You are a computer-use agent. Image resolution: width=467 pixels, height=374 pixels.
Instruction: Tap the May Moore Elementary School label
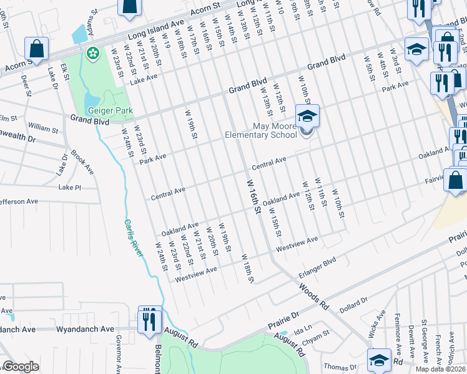tap(266, 130)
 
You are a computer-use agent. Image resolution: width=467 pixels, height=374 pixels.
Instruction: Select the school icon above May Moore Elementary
tap(307, 117)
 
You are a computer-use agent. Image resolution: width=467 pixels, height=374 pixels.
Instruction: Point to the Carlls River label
tap(132, 237)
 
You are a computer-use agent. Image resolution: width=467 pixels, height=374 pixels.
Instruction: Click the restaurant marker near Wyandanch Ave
tap(149, 320)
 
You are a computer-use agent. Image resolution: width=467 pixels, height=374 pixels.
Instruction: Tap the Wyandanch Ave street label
tap(85, 328)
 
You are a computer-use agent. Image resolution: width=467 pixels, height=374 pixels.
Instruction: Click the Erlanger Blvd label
tap(318, 263)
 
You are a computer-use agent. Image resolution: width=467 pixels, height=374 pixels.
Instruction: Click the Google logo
tap(21, 367)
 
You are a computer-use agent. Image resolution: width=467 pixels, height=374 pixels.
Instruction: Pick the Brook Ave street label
tap(82, 161)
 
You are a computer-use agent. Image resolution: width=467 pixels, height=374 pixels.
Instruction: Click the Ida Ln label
tap(302, 326)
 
